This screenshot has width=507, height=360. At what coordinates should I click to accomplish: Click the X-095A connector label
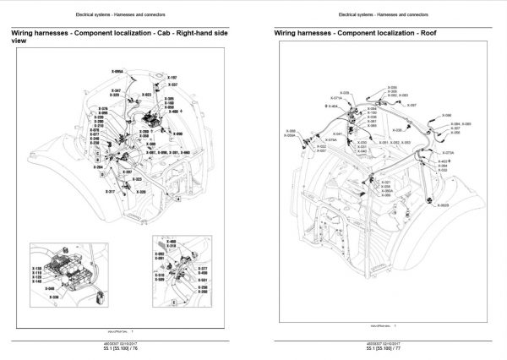point(118,72)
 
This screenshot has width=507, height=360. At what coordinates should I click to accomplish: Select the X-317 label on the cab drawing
point(110,192)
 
